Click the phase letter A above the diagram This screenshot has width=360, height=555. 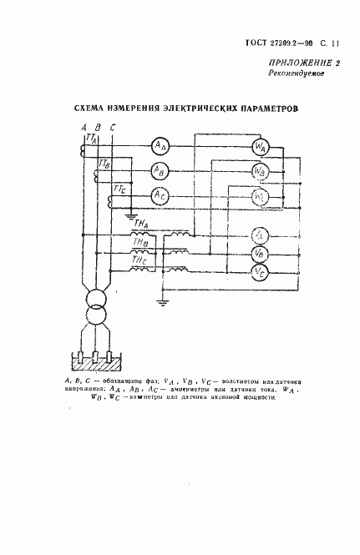pyautogui.click(x=84, y=126)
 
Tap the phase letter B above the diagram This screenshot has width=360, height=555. pyautogui.click(x=98, y=126)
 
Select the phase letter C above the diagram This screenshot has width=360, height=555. pyautogui.click(x=113, y=126)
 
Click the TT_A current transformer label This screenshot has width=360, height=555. pyautogui.click(x=92, y=139)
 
